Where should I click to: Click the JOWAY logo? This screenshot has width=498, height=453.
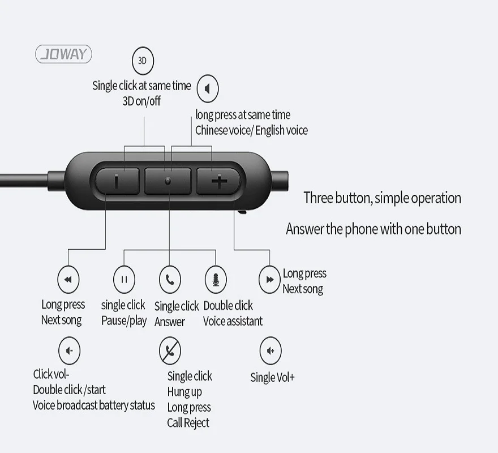[x=63, y=54]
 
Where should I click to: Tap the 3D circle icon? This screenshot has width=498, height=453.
[x=143, y=61]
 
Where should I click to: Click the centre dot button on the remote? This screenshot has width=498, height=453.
[x=168, y=181]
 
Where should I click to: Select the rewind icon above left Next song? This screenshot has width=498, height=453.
[x=68, y=279]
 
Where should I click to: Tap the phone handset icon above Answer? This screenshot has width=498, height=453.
[x=169, y=279]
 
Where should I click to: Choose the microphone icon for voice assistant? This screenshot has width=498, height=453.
[x=215, y=279]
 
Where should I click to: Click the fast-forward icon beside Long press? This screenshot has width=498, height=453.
[x=269, y=279]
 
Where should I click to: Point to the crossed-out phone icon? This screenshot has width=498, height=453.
[x=169, y=351]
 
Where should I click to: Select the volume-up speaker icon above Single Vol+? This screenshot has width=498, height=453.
[x=271, y=351]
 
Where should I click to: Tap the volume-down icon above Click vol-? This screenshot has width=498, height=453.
[x=69, y=351]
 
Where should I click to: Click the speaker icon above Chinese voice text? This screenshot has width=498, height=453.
[x=207, y=89]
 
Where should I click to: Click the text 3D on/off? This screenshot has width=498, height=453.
[x=141, y=101]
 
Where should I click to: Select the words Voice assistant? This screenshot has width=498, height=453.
[x=233, y=321]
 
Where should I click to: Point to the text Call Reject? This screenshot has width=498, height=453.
[x=188, y=422]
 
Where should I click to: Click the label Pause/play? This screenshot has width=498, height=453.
[x=124, y=320]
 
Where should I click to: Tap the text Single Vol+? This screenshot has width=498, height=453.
[x=272, y=377]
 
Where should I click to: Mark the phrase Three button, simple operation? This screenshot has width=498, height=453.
[x=382, y=198]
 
